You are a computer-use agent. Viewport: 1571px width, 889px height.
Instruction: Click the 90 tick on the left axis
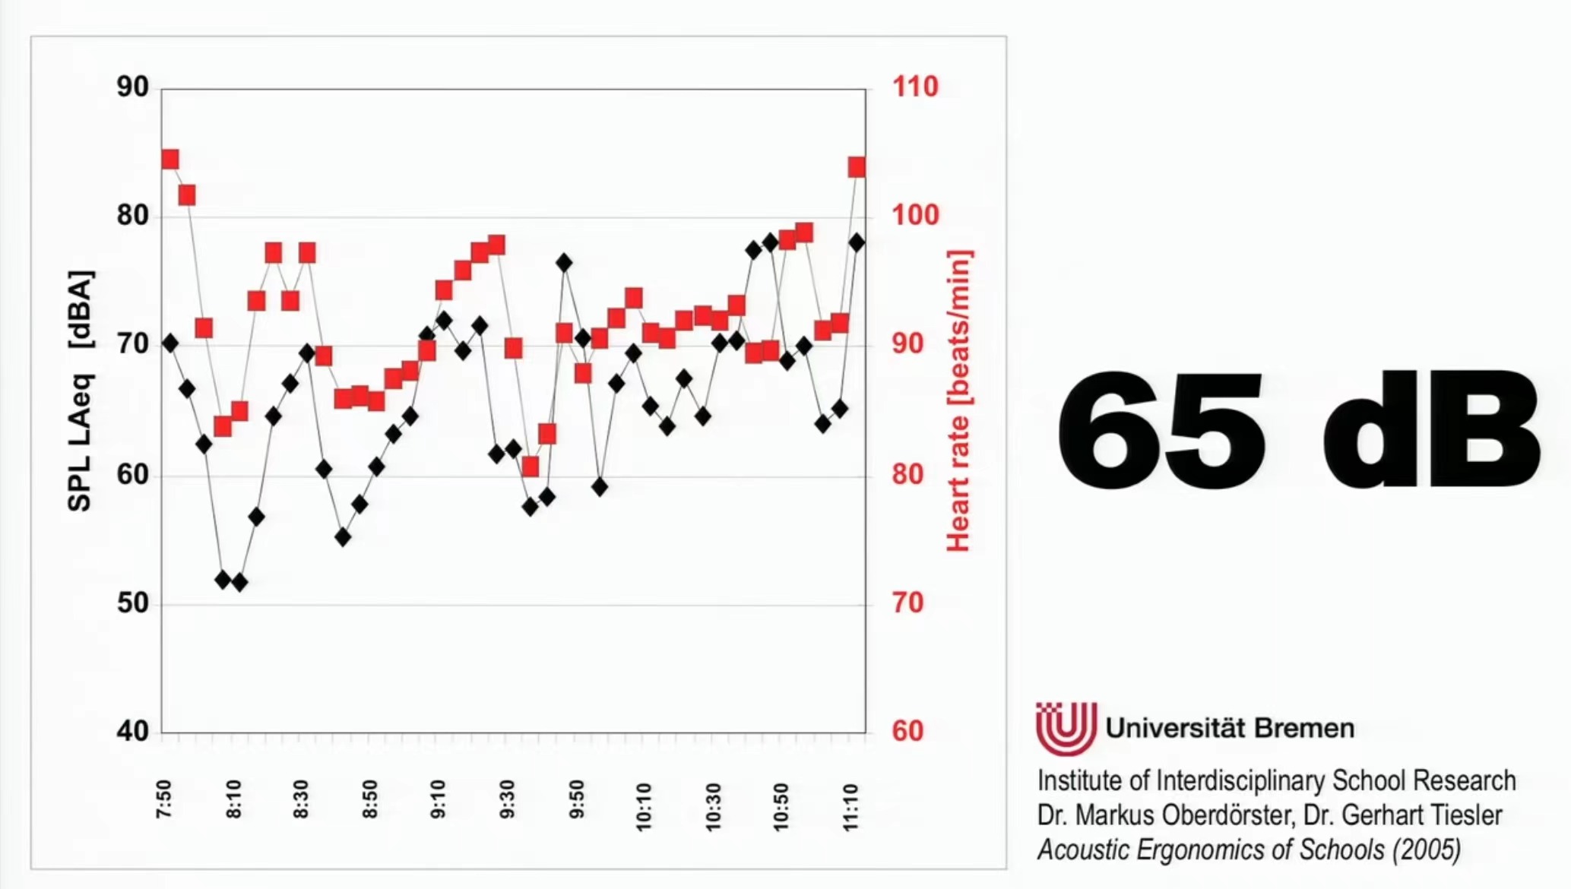[x=133, y=87]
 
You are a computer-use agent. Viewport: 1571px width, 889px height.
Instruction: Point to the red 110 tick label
[x=915, y=87]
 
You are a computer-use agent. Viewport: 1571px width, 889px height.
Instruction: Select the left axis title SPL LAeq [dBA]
[x=81, y=391]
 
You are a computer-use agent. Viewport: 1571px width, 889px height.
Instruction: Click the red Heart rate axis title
[x=958, y=400]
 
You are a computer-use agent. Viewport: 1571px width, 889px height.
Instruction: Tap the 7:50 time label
[x=164, y=799]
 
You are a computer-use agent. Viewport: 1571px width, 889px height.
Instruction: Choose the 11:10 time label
[x=851, y=807]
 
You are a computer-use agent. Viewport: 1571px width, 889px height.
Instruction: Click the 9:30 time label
[x=508, y=799]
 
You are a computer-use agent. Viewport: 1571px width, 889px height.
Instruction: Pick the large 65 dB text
[x=1298, y=433]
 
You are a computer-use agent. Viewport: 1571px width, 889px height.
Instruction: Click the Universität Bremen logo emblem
[x=1066, y=728]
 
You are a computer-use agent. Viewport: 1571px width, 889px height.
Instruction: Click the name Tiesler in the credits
[x=1463, y=815]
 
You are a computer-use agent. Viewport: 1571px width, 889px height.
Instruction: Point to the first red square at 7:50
[x=170, y=160]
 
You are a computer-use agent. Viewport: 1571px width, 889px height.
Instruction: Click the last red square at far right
[x=857, y=167]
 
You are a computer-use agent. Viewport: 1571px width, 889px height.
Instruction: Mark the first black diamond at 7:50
[x=170, y=343]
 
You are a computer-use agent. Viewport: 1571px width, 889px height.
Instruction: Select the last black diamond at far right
[x=857, y=242]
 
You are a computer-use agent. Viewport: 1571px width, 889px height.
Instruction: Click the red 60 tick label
[x=907, y=731]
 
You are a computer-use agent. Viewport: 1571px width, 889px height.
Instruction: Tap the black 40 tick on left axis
[x=133, y=731]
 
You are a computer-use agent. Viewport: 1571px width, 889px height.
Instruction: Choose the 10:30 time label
[x=713, y=807]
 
